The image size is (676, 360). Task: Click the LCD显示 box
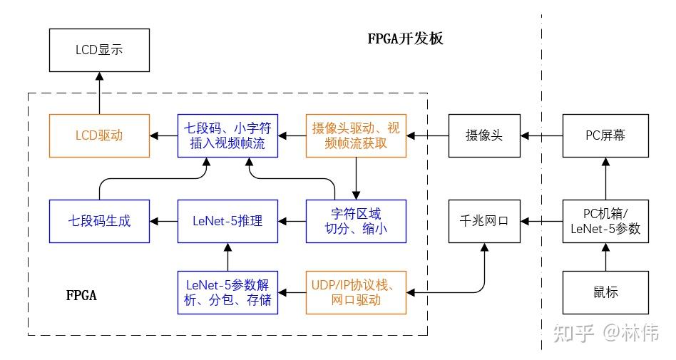click(99, 50)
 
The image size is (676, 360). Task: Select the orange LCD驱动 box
click(99, 135)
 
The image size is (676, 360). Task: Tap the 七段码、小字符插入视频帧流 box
click(227, 135)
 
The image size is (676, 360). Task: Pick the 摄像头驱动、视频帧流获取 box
click(356, 135)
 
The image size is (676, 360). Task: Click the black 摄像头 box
click(484, 135)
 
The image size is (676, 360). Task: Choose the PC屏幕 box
click(605, 135)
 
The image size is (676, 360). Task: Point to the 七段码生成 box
click(99, 221)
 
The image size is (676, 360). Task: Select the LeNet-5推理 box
click(227, 221)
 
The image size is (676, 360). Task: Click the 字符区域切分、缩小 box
click(356, 221)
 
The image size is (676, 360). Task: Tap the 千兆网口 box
click(484, 221)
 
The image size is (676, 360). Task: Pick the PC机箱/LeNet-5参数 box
click(605, 221)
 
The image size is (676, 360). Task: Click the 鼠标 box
click(605, 292)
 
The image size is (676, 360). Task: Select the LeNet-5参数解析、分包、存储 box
click(227, 292)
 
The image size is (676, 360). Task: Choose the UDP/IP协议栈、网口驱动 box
click(356, 292)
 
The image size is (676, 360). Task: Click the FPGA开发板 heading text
click(405, 38)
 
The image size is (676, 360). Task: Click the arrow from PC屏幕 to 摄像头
click(541, 135)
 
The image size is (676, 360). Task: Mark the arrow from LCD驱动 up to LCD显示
click(99, 93)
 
